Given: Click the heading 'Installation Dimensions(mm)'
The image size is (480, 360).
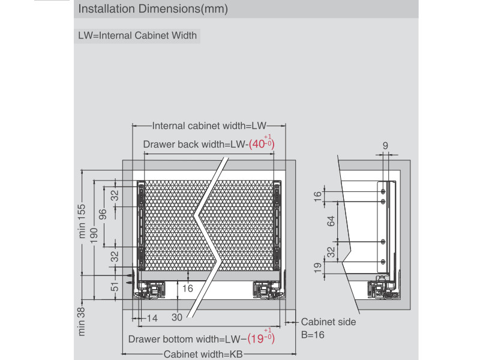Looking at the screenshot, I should click(153, 10).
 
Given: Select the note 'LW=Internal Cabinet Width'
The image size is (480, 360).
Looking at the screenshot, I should click(137, 35).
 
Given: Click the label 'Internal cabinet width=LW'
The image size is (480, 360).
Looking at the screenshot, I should click(209, 126).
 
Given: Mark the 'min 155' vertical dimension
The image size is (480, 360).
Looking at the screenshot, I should click(83, 221).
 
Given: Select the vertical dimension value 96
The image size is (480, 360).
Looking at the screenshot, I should click(103, 215).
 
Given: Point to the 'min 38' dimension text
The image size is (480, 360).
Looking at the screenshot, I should click(82, 322).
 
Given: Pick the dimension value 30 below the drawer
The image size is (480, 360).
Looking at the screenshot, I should click(177, 318).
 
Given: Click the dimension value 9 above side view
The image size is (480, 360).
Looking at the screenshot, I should click(385, 145).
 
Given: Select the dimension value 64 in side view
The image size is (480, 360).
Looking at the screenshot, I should click(331, 221).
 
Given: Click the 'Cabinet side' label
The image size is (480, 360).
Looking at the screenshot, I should click(328, 322).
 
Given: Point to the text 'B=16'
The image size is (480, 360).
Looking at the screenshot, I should click(313, 334).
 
